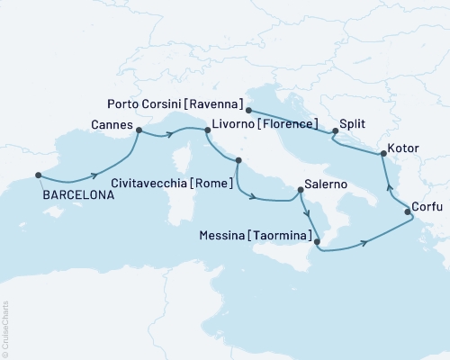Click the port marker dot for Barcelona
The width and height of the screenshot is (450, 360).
38,175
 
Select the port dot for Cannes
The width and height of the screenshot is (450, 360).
139,130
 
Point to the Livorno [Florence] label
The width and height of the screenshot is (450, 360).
266,123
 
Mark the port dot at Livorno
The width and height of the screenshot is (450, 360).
208,130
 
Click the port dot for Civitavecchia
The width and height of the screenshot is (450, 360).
238,162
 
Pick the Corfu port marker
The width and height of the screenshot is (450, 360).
408,212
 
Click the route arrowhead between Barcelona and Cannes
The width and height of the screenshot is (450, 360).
94,177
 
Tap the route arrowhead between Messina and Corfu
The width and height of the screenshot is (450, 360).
364,241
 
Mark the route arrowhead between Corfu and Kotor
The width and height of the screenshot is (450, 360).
389,187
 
